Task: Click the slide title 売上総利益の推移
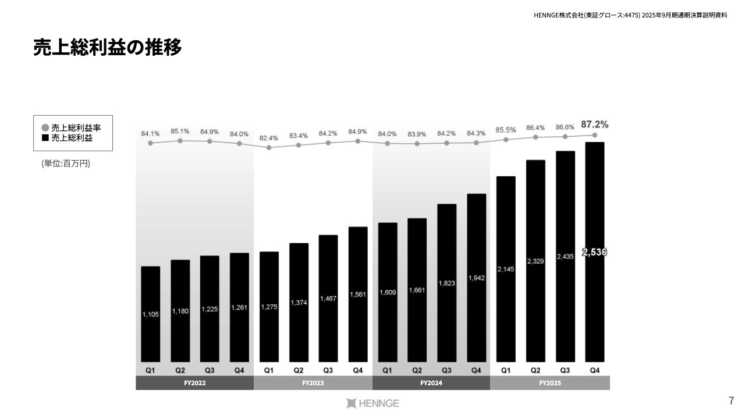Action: tap(108, 48)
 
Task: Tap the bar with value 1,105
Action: tap(150, 314)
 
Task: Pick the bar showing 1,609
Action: tap(388, 292)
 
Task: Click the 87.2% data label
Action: tap(594, 125)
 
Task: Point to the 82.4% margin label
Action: tap(269, 138)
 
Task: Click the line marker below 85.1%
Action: tap(180, 140)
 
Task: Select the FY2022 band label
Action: tap(194, 383)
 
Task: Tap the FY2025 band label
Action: tap(549, 383)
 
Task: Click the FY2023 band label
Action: tap(313, 383)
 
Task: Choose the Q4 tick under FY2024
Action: tap(476, 370)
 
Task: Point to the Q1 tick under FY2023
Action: tap(269, 370)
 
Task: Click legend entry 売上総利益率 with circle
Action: tap(72, 127)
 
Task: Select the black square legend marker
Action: tap(45, 138)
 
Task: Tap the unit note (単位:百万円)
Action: tap(66, 164)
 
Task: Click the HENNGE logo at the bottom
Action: tap(372, 403)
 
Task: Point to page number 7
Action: tap(731, 400)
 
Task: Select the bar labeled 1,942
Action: tap(476, 278)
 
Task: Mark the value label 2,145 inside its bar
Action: tap(506, 269)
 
